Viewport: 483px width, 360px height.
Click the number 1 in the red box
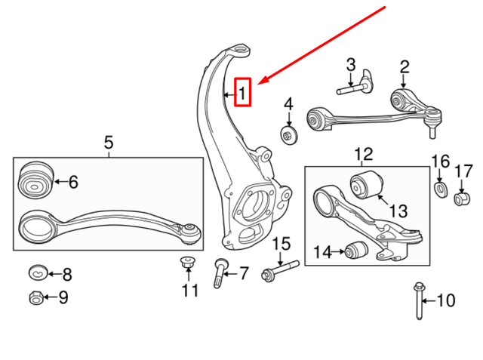[242, 94]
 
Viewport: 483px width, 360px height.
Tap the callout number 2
[404, 66]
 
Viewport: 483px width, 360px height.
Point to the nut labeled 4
[288, 134]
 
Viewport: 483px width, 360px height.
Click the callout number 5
[108, 141]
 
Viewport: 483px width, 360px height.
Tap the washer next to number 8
[38, 272]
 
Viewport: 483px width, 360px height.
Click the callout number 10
[447, 301]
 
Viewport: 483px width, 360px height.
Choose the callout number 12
[363, 155]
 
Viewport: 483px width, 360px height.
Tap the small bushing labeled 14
[357, 249]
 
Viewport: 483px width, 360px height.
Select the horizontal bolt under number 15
[281, 269]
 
